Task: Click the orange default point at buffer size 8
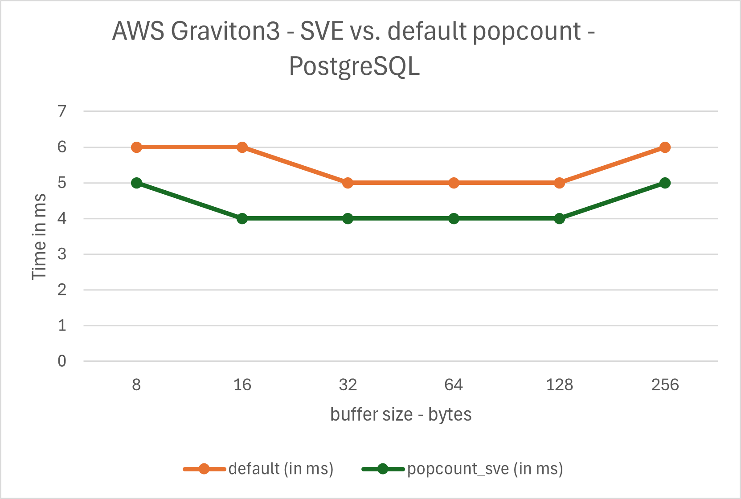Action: coord(137,147)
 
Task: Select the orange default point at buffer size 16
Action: coord(242,147)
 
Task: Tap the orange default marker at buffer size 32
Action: coord(348,183)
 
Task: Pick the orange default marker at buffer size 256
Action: coord(665,147)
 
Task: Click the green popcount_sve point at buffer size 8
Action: coord(137,183)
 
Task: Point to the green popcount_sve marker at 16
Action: coord(242,218)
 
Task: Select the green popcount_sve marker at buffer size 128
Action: coord(560,218)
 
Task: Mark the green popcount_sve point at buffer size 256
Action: coord(665,183)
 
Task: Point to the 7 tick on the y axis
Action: coord(62,111)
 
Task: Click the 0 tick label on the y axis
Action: coord(62,361)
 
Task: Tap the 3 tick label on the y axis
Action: coord(62,254)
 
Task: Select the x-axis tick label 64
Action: coord(454,384)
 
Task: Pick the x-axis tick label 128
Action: coord(560,384)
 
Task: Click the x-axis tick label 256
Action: coord(665,384)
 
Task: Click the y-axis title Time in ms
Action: coord(39,236)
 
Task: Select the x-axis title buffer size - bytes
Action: coord(401,414)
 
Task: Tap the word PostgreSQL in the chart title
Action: coord(355,67)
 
